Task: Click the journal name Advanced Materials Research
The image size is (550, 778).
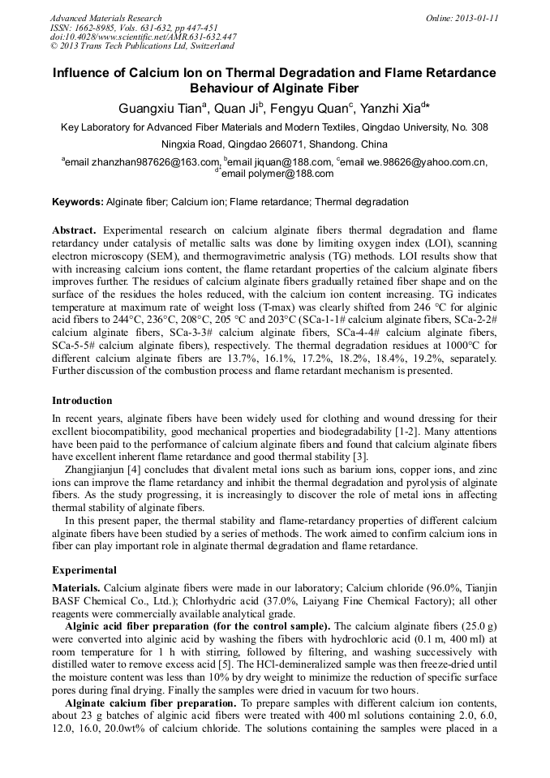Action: click(105, 18)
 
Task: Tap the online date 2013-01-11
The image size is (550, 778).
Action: click(473, 18)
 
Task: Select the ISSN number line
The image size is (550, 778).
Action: click(129, 28)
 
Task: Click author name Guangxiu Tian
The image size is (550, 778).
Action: click(162, 108)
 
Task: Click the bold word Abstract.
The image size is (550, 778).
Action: click(74, 231)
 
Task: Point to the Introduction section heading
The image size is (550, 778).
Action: click(82, 401)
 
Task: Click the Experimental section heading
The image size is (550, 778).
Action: click(84, 570)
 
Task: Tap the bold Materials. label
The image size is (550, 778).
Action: click(76, 587)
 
